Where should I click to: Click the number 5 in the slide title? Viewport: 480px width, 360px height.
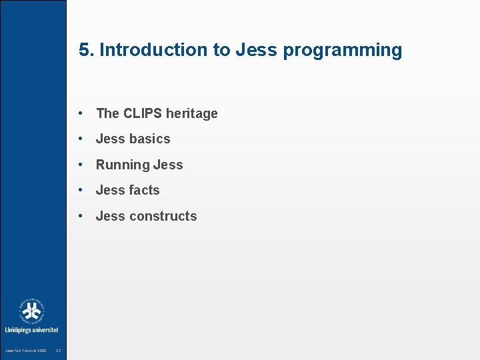click(x=83, y=50)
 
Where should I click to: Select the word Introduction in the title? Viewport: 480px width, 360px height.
click(x=153, y=50)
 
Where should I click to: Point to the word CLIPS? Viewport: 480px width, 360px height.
click(x=143, y=113)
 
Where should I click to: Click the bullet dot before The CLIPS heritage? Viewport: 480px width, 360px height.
click(x=80, y=113)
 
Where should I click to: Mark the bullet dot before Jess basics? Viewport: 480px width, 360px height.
click(x=80, y=139)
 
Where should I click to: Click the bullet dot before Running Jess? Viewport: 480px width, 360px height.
click(x=80, y=165)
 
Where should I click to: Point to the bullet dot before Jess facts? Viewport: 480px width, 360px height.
click(x=80, y=190)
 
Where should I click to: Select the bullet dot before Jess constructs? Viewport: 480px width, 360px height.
click(x=80, y=216)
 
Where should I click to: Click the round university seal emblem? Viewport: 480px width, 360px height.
click(x=31, y=311)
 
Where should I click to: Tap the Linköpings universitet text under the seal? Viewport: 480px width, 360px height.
click(x=31, y=329)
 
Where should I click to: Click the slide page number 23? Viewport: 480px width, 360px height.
click(x=59, y=351)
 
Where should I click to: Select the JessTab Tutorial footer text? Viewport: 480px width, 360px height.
click(x=25, y=351)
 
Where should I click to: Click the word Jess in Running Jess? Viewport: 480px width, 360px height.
click(x=168, y=165)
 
